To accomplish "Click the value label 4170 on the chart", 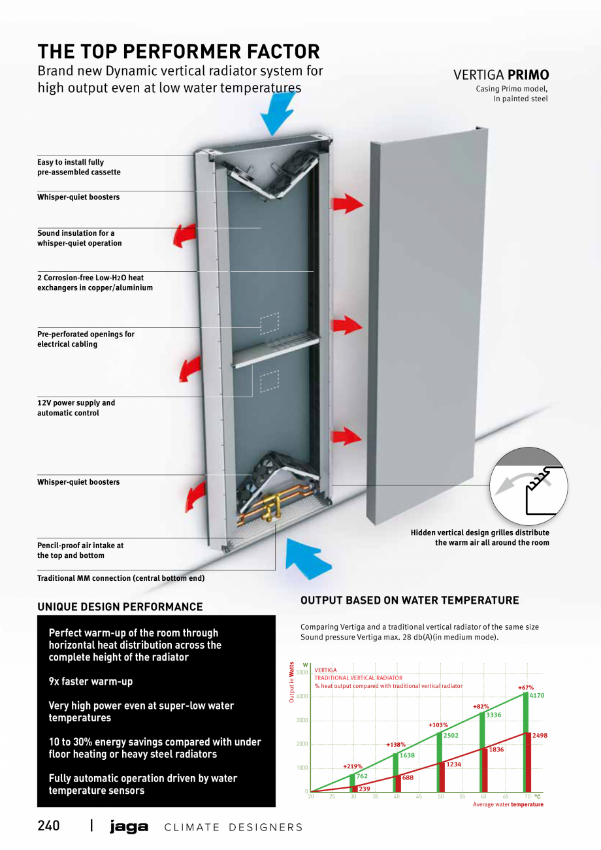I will pos(536,696).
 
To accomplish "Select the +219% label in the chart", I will pos(353,766).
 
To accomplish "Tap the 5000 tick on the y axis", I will pos(302,672).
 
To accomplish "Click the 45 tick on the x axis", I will pos(419,796).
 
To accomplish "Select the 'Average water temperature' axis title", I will pos(508,805).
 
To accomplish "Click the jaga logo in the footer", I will pos(129,827).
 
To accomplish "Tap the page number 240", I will pos(48,826).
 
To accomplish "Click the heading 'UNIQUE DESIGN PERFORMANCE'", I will pos(120,606).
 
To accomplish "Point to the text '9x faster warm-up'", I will pos(91,681).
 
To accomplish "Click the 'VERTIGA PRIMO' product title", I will pos(501,75).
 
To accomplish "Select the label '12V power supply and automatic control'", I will pos(76,408).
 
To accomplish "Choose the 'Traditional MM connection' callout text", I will pos(121,578).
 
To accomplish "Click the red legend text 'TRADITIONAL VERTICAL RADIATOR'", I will pos(359,678).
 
